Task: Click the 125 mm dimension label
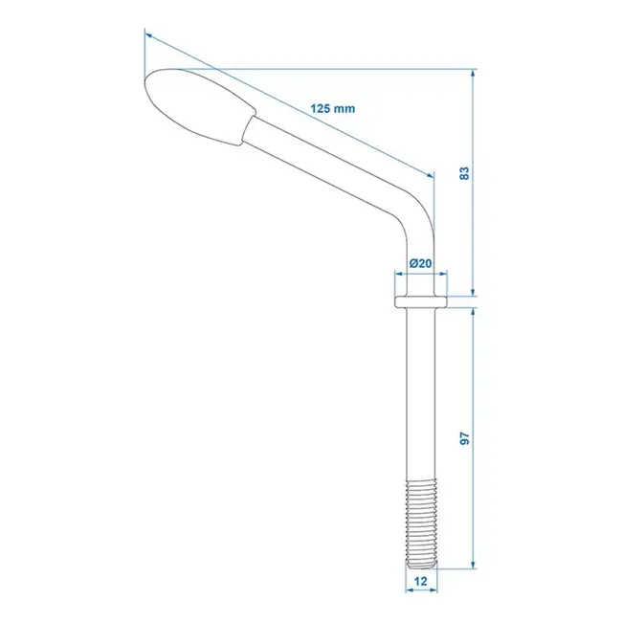pos(332,108)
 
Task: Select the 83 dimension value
pos(465,173)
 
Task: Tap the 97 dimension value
pos(465,438)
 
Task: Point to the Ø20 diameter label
pos(419,263)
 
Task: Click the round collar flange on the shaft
pos(420,301)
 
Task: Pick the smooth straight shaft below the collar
pos(419,402)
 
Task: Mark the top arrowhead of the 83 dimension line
pos(474,73)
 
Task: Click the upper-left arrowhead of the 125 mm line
pos(150,35)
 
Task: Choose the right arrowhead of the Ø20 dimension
pos(442,276)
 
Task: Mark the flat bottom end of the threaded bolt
pos(419,567)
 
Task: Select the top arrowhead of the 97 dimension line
pos(474,312)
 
